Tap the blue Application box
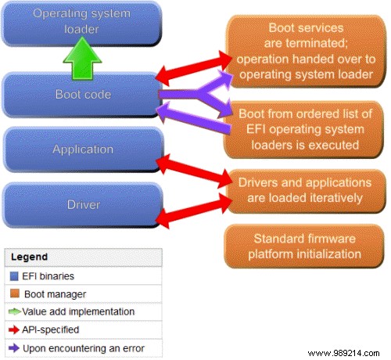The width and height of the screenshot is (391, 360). pos(82,149)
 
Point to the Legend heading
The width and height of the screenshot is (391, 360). pos(30,257)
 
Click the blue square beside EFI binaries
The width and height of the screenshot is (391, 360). pos(15,275)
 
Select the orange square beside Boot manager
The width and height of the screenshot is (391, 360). pos(15,293)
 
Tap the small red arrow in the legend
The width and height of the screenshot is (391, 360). pos(15,329)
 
